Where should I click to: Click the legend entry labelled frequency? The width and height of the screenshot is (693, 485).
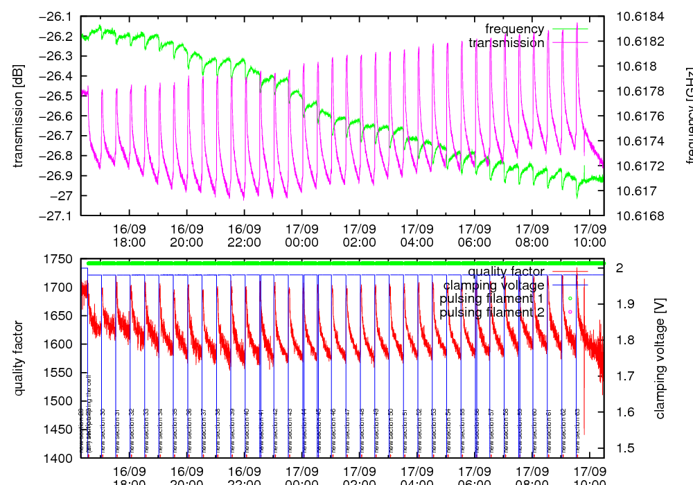tap(515, 29)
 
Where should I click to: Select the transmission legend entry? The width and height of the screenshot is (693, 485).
tap(507, 43)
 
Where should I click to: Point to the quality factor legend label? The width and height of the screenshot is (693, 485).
tap(506, 271)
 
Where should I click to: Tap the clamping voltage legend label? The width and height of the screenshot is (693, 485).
tap(494, 285)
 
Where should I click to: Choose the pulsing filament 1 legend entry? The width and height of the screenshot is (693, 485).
tap(492, 299)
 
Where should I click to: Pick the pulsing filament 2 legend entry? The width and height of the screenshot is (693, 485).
tap(492, 312)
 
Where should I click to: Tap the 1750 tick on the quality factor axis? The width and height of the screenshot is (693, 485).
tap(59, 259)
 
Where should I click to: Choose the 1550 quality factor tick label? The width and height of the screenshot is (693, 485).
tap(59, 373)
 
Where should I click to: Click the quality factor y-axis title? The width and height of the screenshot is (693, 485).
tap(19, 358)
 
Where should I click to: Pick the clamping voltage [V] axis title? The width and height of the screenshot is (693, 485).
tap(660, 358)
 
